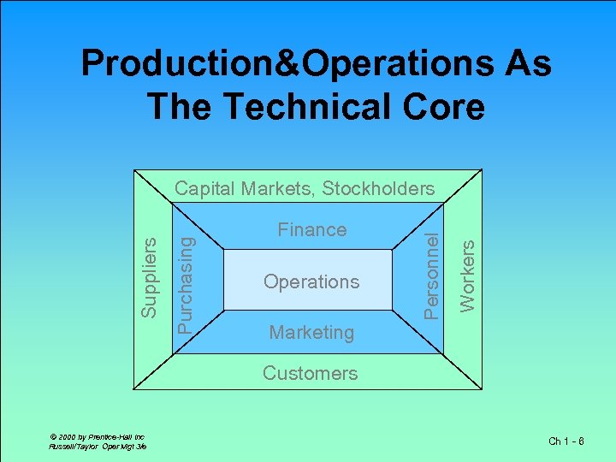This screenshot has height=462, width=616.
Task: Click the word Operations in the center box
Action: coord(311,281)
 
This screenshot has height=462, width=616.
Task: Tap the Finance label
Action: coord(311,229)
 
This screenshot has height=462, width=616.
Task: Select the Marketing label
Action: coord(311,332)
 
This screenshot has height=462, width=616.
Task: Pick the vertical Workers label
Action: coord(467,275)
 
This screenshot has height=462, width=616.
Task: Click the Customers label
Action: coord(310,373)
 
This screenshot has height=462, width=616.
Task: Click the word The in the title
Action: coord(180,107)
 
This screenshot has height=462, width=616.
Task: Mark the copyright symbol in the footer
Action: coord(54,436)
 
